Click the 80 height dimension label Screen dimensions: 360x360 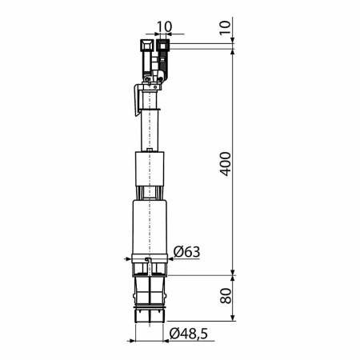[225, 296]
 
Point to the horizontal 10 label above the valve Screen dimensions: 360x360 [165, 27]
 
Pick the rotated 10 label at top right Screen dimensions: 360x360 [225, 26]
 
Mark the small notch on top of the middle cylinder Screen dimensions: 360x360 [150, 150]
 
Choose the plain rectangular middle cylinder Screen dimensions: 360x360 [150, 170]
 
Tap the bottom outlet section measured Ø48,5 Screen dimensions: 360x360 [150, 300]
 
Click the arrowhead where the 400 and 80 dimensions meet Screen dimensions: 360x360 [232, 274]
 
